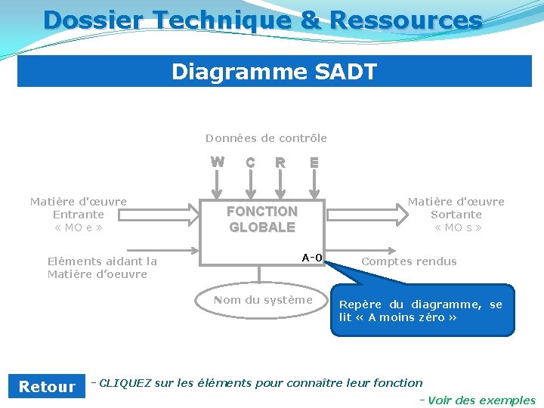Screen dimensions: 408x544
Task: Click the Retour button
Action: point(47,387)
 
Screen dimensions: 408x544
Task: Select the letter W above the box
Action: point(218,161)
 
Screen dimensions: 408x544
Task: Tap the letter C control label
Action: point(250,162)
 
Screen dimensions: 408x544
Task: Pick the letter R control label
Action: point(280,162)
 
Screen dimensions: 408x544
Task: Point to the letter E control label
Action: point(314,162)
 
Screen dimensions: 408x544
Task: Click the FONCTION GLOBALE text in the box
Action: point(262,219)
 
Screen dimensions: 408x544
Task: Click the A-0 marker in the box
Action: point(312,258)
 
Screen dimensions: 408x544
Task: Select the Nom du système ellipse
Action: point(263,300)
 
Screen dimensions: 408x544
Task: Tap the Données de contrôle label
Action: point(266,138)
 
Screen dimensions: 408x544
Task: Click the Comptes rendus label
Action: point(409,261)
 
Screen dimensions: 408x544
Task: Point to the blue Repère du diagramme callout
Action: point(422,310)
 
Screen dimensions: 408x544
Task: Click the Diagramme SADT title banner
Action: point(274,72)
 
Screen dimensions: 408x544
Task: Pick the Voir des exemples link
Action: point(481,400)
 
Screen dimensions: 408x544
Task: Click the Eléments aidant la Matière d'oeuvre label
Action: point(102,267)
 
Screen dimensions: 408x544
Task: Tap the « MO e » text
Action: point(79,227)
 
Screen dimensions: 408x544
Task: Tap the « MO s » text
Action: point(456,227)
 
